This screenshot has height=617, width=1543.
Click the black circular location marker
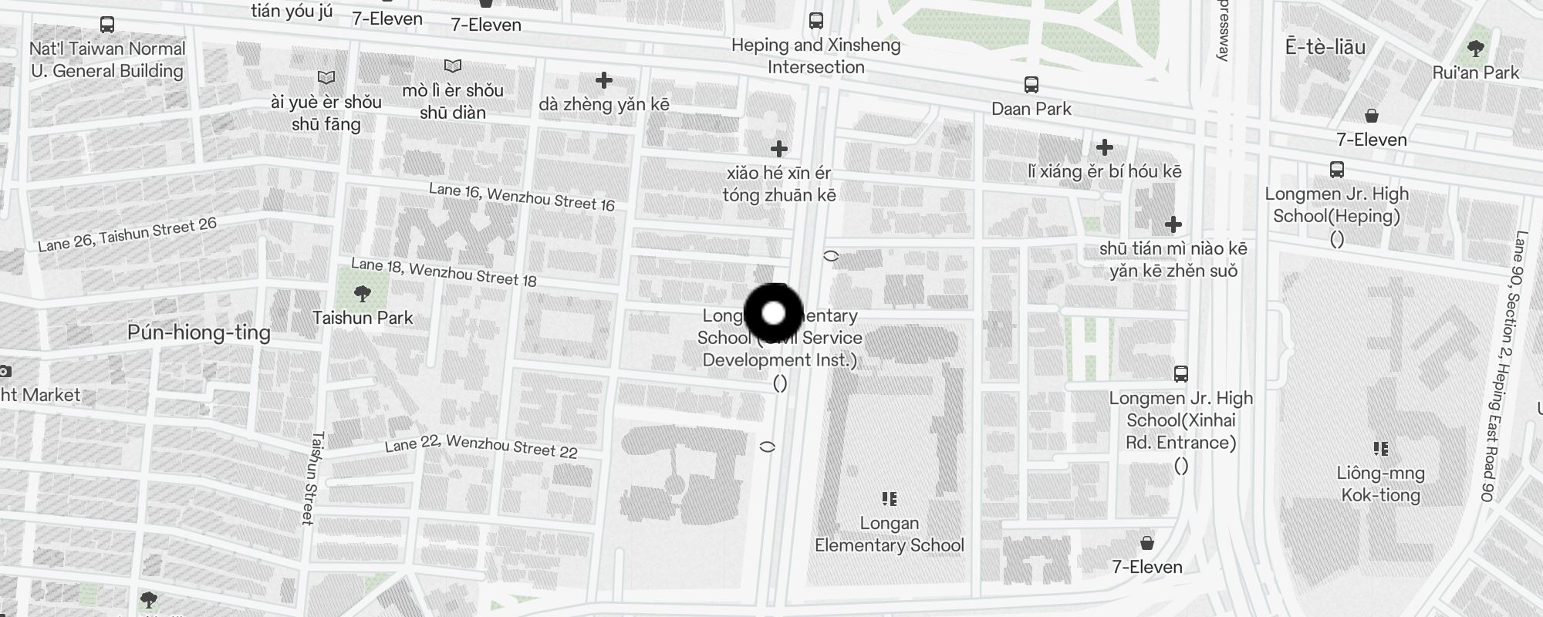tap(774, 313)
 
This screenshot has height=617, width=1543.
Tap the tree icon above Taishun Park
tap(362, 293)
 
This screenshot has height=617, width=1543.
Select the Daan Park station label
tap(1031, 109)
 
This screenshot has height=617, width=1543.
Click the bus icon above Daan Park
tap(1031, 84)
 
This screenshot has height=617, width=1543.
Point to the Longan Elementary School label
tap(890, 534)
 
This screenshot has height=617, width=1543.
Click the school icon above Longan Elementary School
tap(890, 499)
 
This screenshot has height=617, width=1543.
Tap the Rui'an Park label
tap(1475, 72)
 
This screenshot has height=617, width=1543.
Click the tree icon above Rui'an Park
tap(1475, 49)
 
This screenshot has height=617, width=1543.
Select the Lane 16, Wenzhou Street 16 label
tap(522, 197)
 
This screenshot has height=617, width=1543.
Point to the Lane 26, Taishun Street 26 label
tap(127, 234)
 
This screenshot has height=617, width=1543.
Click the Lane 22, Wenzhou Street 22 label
tap(481, 446)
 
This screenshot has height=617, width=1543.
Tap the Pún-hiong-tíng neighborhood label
tap(199, 332)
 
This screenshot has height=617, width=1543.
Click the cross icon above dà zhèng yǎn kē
tap(604, 80)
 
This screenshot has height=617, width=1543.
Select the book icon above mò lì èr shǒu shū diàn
tap(453, 66)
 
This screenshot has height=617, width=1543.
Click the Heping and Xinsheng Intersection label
tap(815, 56)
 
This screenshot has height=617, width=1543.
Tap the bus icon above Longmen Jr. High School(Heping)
tap(1337, 170)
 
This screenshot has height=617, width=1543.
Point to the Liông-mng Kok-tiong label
tap(1380, 484)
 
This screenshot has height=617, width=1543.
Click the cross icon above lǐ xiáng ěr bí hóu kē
tap(1105, 147)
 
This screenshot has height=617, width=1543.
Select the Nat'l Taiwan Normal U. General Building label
tap(107, 59)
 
